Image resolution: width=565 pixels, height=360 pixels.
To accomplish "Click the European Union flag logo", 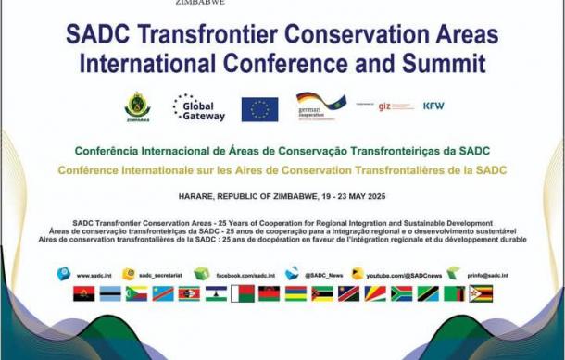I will (x=259, y=109).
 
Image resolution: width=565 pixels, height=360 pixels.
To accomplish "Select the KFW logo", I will (x=433, y=106).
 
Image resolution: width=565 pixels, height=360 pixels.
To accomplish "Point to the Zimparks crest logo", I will (x=137, y=107).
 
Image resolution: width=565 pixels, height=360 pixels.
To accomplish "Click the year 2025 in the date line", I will (x=371, y=197).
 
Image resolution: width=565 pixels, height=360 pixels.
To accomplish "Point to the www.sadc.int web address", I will (x=95, y=275).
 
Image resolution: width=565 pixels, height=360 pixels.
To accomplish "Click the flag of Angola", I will (x=83, y=294).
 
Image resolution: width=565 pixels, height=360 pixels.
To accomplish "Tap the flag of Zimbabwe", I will (x=481, y=294).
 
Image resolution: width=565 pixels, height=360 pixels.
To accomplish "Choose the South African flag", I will (x=401, y=294).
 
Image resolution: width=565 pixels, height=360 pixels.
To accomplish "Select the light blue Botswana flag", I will (x=110, y=294).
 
